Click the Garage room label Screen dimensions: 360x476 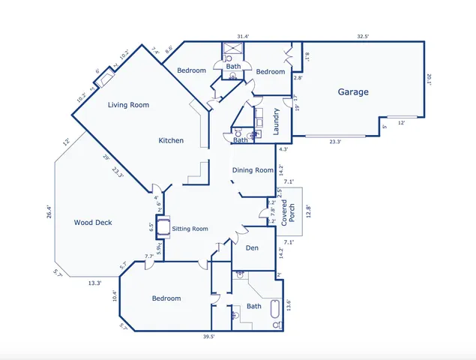click(352, 92)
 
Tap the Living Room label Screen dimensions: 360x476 click(129, 105)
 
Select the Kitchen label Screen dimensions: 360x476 click(171, 140)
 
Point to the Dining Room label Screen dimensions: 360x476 click(253, 170)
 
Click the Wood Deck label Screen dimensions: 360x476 click(93, 223)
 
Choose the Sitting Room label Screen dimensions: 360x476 click(190, 229)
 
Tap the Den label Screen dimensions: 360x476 click(252, 248)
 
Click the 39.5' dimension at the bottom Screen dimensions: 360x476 click(209, 337)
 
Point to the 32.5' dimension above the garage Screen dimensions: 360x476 click(364, 36)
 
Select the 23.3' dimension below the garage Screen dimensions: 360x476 click(335, 141)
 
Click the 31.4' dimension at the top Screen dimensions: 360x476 click(243, 36)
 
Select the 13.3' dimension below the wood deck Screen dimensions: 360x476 click(95, 283)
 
